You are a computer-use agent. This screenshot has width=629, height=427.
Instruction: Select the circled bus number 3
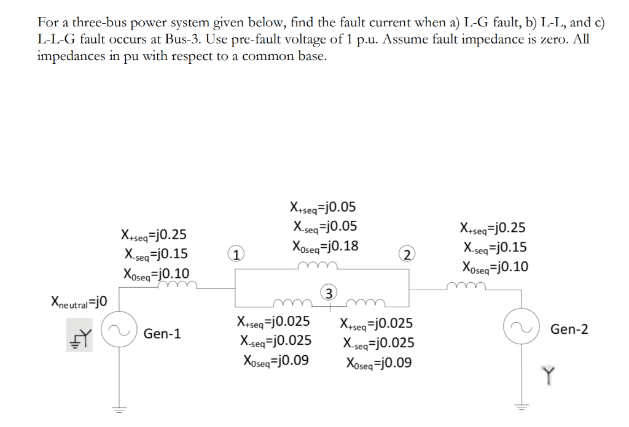tap(330, 293)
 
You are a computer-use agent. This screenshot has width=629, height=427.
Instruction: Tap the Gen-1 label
tap(162, 334)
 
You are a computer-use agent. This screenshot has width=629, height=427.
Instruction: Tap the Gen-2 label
tap(569, 329)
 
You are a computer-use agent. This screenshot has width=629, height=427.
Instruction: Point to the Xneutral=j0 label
tap(79, 301)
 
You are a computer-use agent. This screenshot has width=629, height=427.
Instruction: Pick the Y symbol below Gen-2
tap(548, 373)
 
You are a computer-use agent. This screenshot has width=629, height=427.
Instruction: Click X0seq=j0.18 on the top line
tap(325, 247)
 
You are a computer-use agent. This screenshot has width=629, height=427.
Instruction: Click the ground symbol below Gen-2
tap(520, 407)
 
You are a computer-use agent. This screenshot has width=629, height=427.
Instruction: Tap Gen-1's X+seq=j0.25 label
tap(154, 235)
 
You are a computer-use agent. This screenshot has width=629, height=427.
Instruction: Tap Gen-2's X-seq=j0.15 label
tap(494, 248)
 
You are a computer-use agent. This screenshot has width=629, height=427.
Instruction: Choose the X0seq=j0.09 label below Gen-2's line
tap(378, 363)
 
